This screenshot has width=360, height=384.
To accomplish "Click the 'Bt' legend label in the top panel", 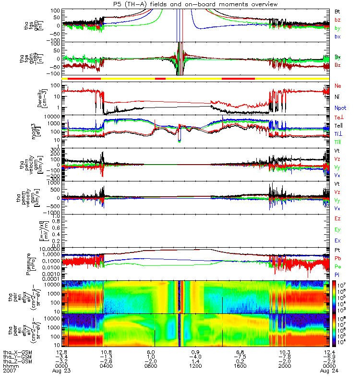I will pos(337,11).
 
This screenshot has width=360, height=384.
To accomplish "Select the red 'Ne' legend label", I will pos(337,86).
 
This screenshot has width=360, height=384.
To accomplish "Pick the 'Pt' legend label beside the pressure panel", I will pos(337,251).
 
